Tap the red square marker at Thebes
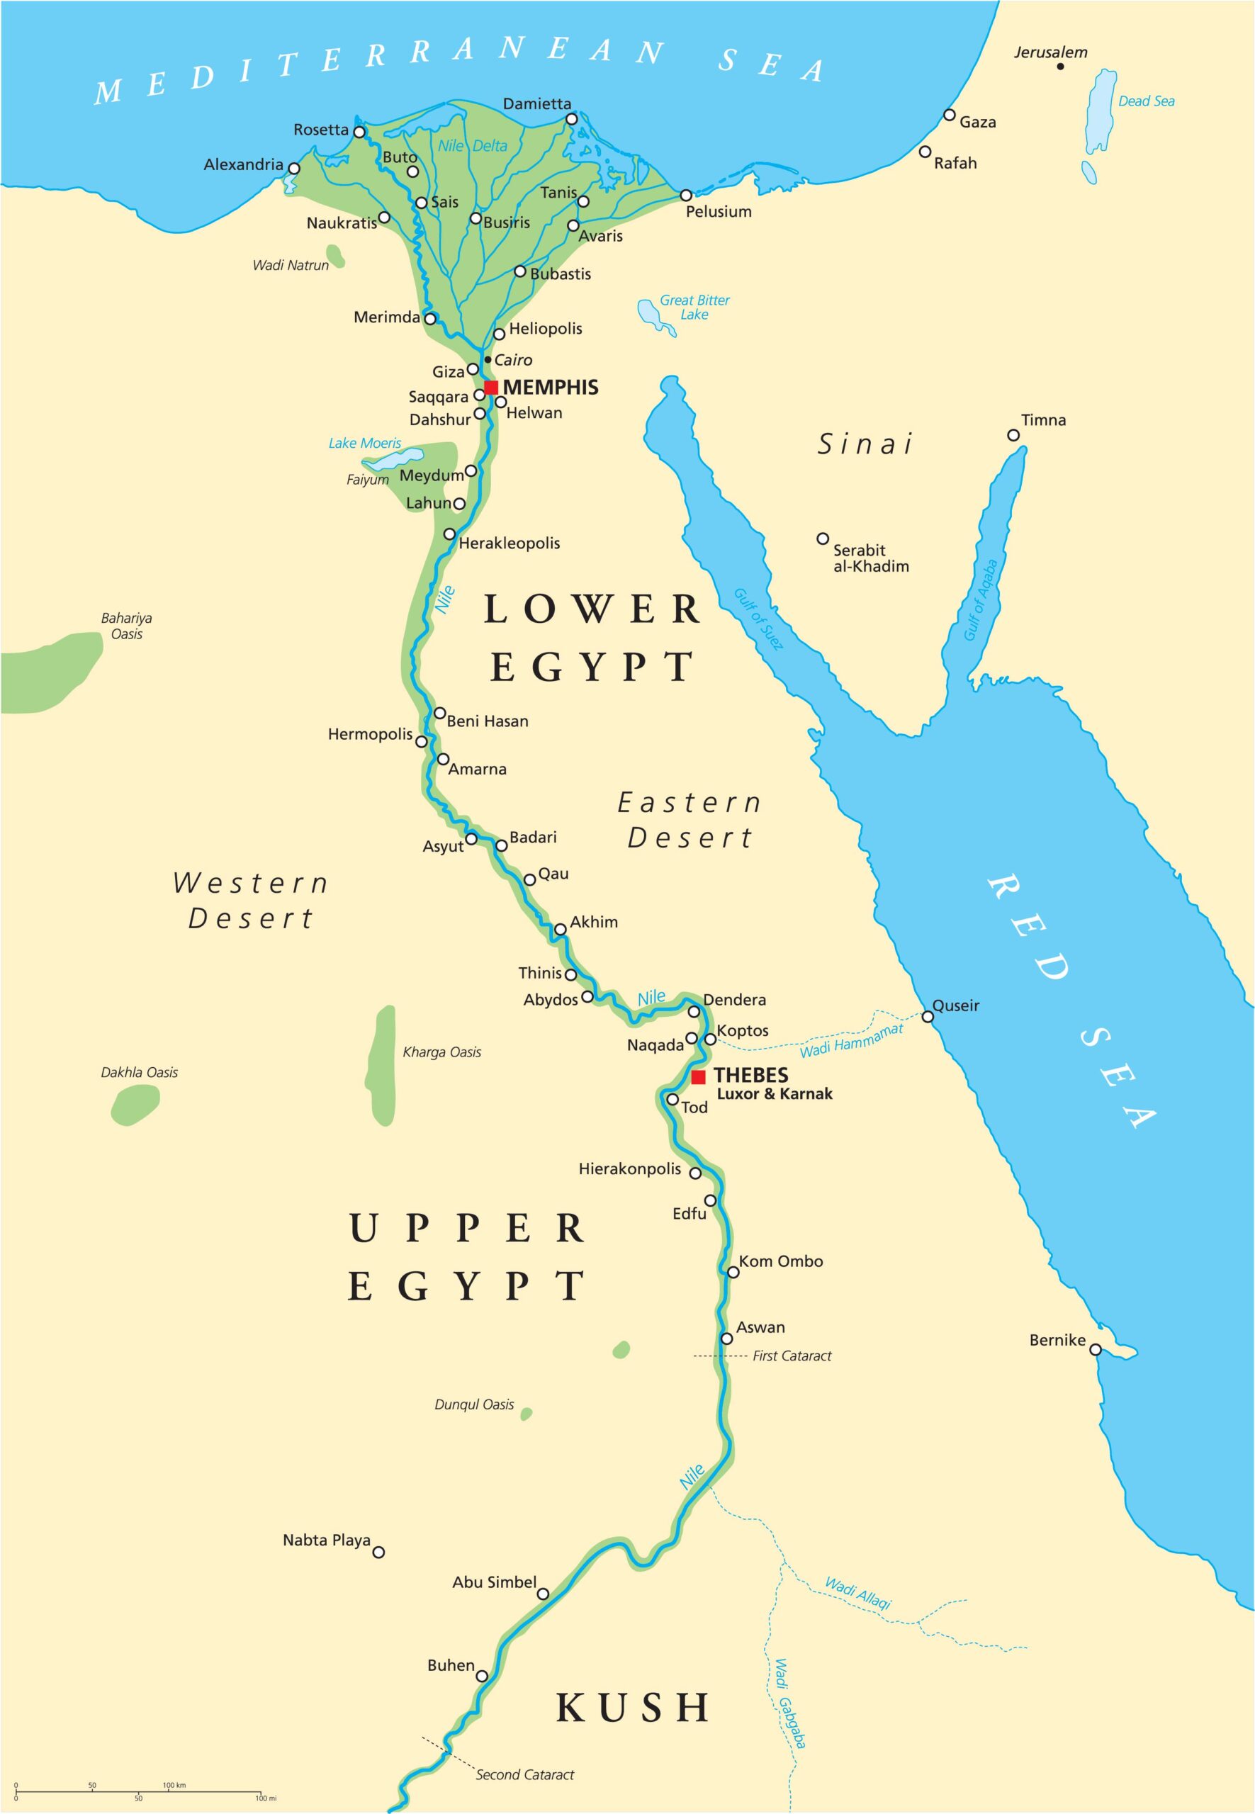[698, 1077]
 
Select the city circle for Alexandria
[294, 168]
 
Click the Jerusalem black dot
[1060, 67]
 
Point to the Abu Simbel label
[494, 1582]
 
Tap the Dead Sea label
[1146, 101]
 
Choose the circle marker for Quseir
[928, 1017]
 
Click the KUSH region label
[633, 1707]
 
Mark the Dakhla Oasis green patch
[135, 1105]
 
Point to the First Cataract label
[791, 1356]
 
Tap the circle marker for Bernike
[1095, 1349]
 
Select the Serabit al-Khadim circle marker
[823, 539]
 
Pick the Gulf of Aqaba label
[981, 600]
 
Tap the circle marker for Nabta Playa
[378, 1552]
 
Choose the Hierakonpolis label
[629, 1169]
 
